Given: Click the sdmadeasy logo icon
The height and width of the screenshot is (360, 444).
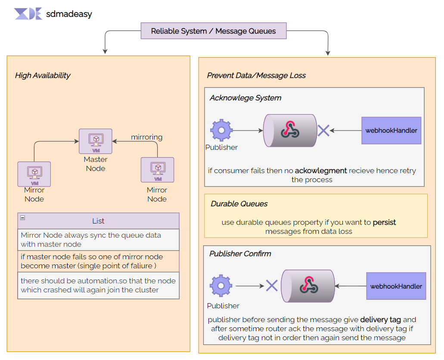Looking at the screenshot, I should tap(28, 14).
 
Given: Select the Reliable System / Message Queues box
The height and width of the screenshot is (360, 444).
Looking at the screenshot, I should tap(214, 31).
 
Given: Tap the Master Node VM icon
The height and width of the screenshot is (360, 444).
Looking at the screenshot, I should tap(95, 141).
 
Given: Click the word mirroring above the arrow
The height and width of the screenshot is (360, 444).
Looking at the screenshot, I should tap(146, 137).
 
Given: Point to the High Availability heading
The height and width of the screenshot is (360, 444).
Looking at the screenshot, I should tap(43, 75).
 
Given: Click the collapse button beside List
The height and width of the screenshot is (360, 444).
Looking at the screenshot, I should tap(23, 218).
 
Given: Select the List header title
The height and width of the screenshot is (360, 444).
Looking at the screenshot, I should tap(98, 221).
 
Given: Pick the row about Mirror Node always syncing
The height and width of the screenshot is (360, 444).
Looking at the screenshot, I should tap(98, 240).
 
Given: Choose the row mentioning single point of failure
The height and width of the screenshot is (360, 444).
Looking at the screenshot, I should tap(98, 261).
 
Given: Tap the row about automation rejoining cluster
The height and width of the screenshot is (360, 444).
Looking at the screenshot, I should tap(98, 286).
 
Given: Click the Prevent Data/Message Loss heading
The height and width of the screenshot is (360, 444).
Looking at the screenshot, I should tap(256, 75).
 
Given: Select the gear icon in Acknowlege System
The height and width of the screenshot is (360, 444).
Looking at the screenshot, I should tap(221, 130).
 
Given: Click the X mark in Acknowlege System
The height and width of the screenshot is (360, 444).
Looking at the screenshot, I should tap(323, 130).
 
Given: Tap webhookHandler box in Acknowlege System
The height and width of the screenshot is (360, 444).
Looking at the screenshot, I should tap(391, 130).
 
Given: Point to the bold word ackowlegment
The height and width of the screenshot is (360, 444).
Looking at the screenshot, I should tap(321, 171).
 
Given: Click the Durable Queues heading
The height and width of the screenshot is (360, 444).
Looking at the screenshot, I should tap(239, 204).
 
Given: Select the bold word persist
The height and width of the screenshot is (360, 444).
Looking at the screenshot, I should tap(384, 223).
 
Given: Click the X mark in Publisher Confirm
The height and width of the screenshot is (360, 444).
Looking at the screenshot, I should tap(271, 286).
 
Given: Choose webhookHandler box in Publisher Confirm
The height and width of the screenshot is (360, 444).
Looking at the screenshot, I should tap(396, 286).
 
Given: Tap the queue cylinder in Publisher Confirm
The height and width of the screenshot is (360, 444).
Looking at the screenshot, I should tap(308, 286).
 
